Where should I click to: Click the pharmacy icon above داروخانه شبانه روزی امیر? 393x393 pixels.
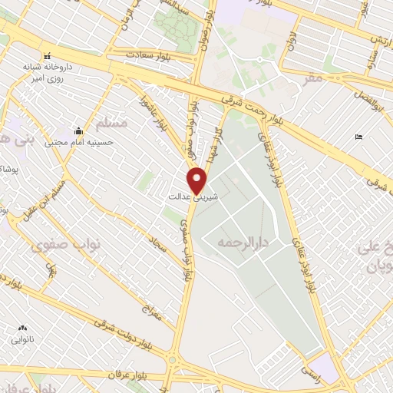point(48,56)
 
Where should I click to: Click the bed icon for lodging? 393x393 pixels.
point(359,137)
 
